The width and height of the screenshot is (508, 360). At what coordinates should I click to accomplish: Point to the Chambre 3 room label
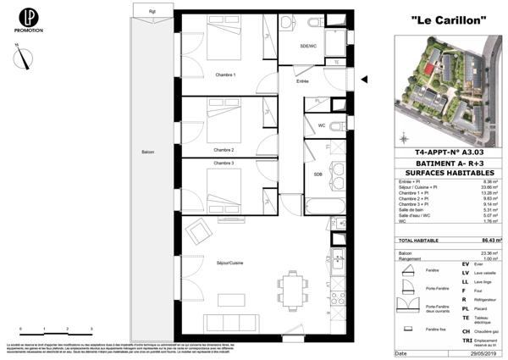coord(224,163)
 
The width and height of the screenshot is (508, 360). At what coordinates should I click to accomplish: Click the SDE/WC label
coord(308,46)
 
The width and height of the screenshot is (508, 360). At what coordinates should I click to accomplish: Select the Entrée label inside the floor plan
coord(302,81)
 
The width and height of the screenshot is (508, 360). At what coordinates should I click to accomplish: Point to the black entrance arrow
coord(365,81)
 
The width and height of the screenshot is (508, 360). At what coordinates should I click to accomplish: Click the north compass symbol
coord(27,58)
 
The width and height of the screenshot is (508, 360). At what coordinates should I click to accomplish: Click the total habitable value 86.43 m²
coord(491,241)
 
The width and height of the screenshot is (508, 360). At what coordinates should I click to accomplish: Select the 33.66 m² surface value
coord(492,186)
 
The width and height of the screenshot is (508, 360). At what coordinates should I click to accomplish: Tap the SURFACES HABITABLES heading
coord(450,172)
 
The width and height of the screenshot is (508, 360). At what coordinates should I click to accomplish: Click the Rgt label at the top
coord(152,11)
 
